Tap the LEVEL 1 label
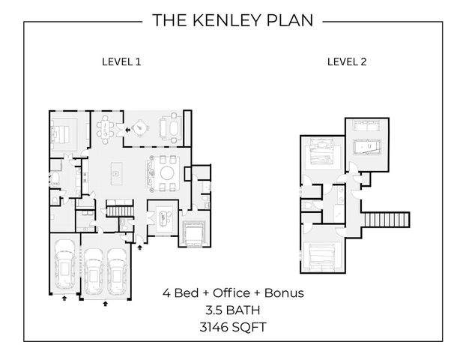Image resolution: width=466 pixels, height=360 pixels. pyautogui.click(x=121, y=62)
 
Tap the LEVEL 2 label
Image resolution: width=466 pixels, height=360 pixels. pyautogui.click(x=346, y=62)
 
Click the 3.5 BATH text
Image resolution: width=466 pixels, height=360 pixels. pyautogui.click(x=233, y=309)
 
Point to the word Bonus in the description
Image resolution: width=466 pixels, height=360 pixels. pyautogui.click(x=284, y=292)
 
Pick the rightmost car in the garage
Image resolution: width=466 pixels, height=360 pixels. pyautogui.click(x=117, y=271)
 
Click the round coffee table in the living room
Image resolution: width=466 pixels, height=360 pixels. pyautogui.click(x=167, y=174)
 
